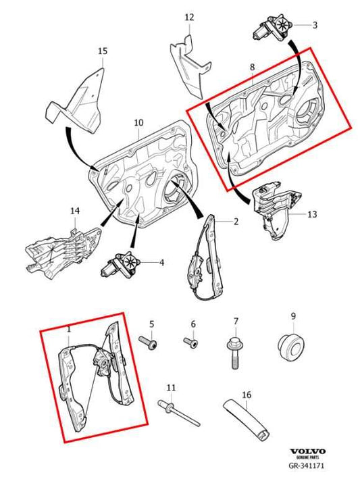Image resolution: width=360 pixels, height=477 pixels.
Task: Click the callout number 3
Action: click(x=315, y=25)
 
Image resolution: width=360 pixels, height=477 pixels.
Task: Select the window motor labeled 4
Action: click(x=120, y=264)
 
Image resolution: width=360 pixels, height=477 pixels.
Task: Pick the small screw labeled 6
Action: click(x=190, y=342)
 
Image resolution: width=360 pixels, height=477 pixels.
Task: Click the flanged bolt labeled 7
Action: click(x=235, y=352)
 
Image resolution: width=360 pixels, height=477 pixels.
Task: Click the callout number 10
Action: click(x=138, y=123)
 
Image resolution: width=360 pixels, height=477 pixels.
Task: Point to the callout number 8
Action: click(x=253, y=68)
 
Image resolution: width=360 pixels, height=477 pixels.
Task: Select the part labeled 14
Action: click(x=63, y=253)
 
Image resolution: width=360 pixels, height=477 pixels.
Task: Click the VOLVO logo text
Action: click(x=307, y=451)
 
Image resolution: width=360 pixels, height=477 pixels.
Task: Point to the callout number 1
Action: click(x=69, y=330)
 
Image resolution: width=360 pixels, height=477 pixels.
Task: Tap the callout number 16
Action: click(x=247, y=395)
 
